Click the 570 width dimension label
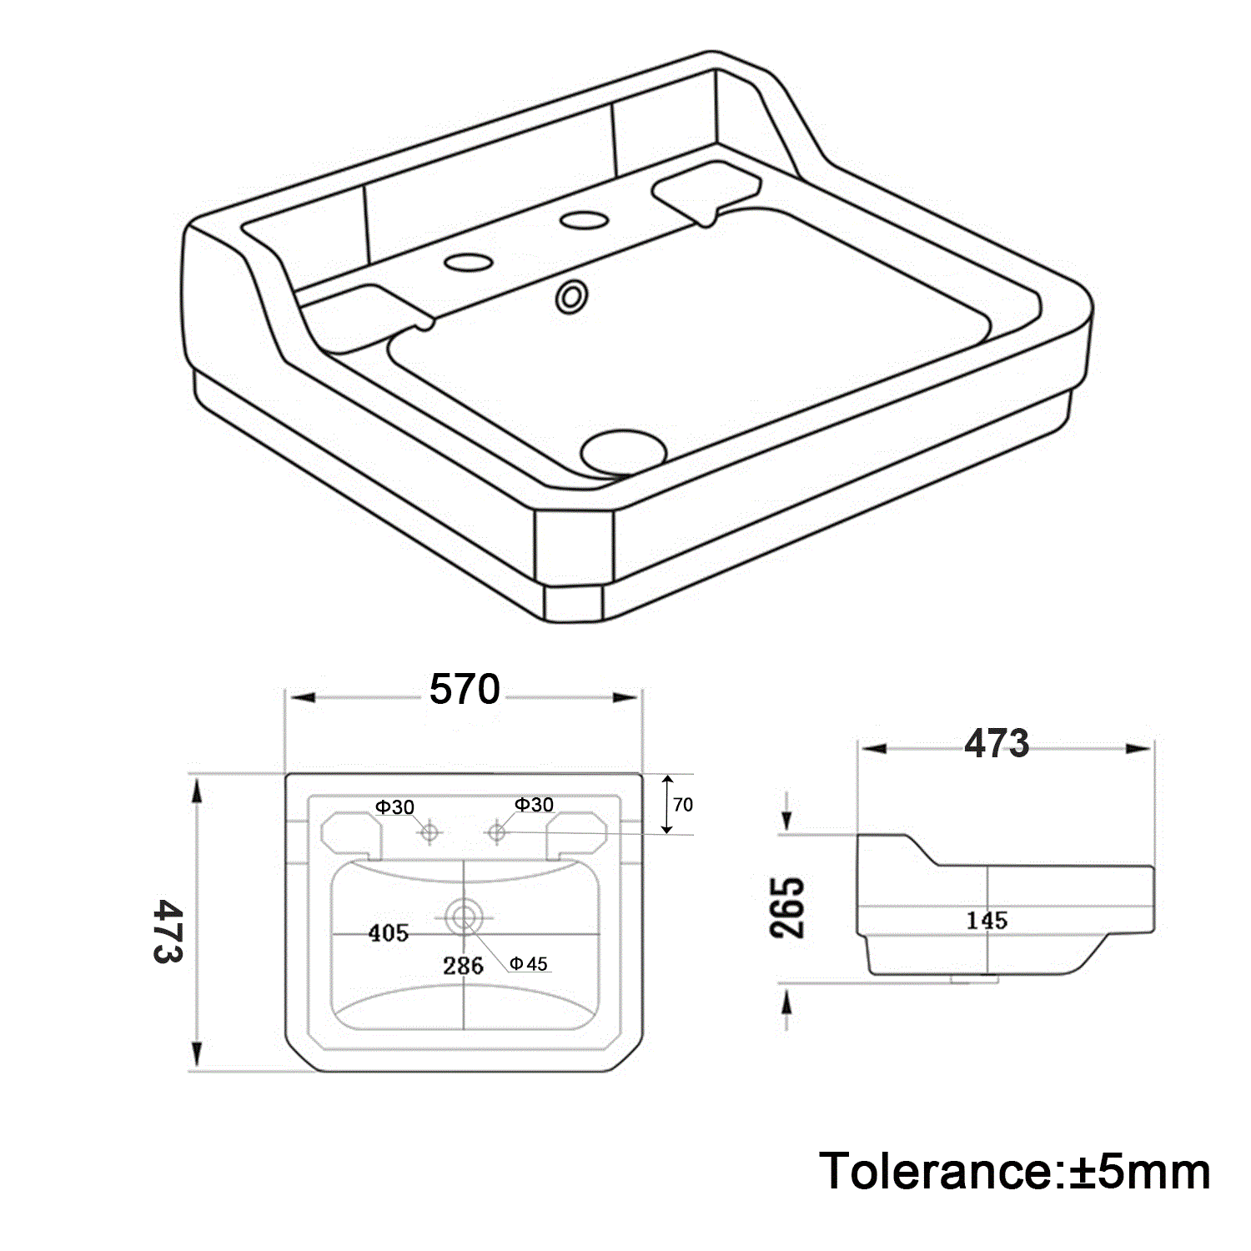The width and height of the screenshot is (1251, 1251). pyautogui.click(x=465, y=689)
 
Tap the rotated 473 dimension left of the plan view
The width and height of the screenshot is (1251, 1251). pyautogui.click(x=168, y=931)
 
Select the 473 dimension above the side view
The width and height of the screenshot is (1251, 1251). pyautogui.click(x=997, y=743)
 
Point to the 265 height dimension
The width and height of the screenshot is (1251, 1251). pyautogui.click(x=788, y=908)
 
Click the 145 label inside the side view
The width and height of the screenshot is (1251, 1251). pyautogui.click(x=987, y=921)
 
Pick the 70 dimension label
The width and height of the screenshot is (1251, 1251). pyautogui.click(x=682, y=805)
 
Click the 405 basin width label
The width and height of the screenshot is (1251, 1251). pyautogui.click(x=389, y=933)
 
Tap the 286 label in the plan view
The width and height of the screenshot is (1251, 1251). pyautogui.click(x=463, y=966)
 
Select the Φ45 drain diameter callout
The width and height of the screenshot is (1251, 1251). pyautogui.click(x=529, y=964)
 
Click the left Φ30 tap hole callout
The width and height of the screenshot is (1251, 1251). pyautogui.click(x=394, y=807)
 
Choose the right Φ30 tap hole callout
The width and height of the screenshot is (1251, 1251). pyautogui.click(x=534, y=805)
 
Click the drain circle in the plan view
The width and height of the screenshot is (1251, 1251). pyautogui.click(x=464, y=917)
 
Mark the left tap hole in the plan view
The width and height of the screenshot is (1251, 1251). pyautogui.click(x=430, y=831)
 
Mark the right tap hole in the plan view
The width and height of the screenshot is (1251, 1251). pyautogui.click(x=497, y=831)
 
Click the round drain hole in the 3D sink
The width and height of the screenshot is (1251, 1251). pyautogui.click(x=624, y=451)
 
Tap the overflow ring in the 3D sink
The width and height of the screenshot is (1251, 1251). pyautogui.click(x=573, y=297)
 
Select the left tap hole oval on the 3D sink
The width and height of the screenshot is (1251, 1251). pyautogui.click(x=469, y=262)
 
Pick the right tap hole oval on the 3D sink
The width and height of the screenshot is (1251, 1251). pyautogui.click(x=584, y=220)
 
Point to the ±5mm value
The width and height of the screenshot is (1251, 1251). pyautogui.click(x=1138, y=1171)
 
